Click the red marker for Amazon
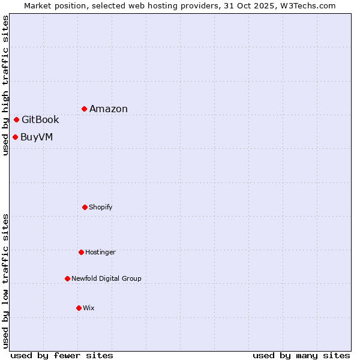click(85, 109)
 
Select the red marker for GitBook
click(17, 119)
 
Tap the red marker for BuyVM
click(16, 137)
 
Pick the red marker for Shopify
click(85, 207)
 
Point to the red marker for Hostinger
click(81, 252)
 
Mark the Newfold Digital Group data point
click(67, 278)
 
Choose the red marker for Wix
click(79, 308)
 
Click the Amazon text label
click(109, 109)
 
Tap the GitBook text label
click(40, 119)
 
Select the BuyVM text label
click(37, 137)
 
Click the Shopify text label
click(101, 207)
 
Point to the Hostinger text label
click(100, 252)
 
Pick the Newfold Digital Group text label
click(106, 278)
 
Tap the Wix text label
click(89, 308)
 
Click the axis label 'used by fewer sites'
click(62, 355)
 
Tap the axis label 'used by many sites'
click(301, 355)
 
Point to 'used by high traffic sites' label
click(5, 85)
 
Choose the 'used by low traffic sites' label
click(5, 280)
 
